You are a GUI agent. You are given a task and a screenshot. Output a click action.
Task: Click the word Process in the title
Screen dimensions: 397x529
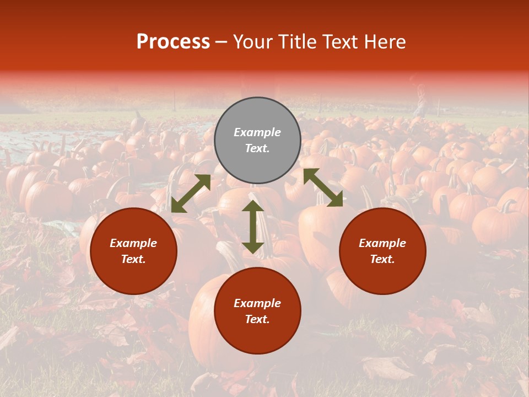173,42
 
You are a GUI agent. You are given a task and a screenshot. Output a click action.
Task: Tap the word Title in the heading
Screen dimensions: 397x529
297,42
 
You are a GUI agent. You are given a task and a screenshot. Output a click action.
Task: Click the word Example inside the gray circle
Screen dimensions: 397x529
257,132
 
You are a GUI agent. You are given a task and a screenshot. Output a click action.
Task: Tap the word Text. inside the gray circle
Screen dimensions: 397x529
257,148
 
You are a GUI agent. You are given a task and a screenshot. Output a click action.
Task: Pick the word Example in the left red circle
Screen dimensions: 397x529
133,243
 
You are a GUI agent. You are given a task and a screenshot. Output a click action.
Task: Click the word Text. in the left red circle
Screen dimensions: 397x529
133,259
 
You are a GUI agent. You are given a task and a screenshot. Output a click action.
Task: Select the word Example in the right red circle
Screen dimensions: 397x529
382,243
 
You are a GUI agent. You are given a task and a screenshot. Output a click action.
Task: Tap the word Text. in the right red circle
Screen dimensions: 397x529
382,259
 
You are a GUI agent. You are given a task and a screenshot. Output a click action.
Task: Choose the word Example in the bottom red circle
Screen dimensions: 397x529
257,303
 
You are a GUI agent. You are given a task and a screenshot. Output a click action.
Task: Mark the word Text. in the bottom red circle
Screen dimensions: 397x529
257,319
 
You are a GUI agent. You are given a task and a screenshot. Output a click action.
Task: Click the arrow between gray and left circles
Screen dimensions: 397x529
191,194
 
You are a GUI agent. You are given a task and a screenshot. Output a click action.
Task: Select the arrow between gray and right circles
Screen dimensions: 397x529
323,187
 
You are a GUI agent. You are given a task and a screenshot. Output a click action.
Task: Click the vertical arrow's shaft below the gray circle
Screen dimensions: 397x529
252,227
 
